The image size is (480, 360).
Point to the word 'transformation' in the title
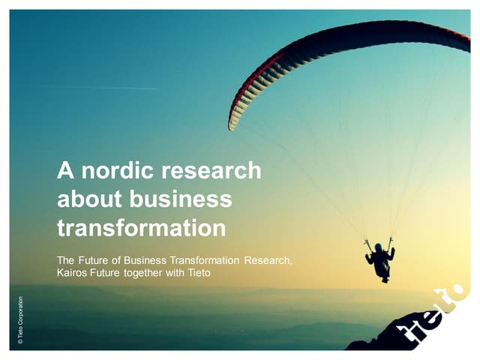[142, 226]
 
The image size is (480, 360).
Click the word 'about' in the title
[88, 199]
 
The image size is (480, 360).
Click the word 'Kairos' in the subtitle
[73, 273]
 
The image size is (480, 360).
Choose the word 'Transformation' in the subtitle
[203, 260]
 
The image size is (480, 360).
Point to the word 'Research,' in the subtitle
[267, 260]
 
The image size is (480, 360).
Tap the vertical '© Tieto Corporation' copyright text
[20, 321]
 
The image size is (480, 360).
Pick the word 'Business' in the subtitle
[141, 260]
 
